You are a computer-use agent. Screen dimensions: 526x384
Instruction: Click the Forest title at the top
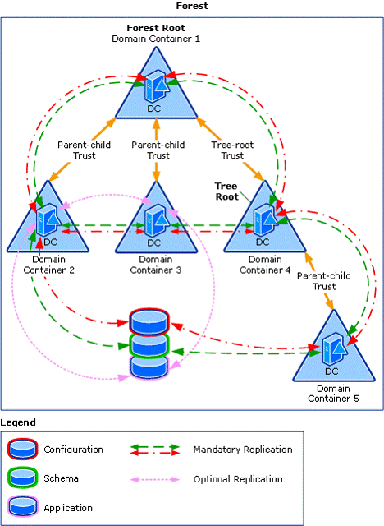[192, 6]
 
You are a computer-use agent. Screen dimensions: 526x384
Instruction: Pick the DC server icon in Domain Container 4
[263, 219]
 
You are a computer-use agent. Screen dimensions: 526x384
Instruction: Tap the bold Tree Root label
[226, 191]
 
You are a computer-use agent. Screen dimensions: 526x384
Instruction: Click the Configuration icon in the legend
[22, 450]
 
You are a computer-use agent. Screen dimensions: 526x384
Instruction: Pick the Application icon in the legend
[22, 507]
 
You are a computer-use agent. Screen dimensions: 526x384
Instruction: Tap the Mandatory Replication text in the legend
[242, 450]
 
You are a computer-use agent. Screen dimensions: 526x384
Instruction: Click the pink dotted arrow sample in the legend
[155, 478]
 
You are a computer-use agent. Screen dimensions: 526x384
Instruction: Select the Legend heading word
[18, 422]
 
